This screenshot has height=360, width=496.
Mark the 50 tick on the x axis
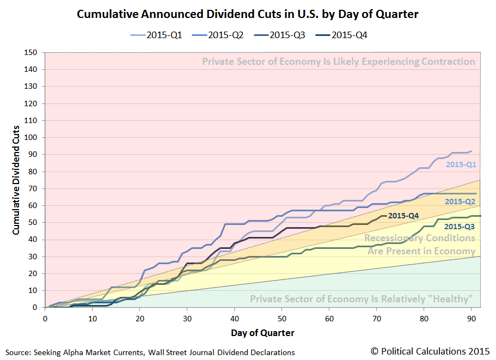[282, 318]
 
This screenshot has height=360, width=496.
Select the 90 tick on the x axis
[471, 318]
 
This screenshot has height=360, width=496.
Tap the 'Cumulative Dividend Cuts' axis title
[16, 180]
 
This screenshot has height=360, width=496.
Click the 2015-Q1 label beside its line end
[461, 164]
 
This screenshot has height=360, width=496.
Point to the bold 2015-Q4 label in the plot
[403, 216]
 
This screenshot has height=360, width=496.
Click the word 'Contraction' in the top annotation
[449, 62]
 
